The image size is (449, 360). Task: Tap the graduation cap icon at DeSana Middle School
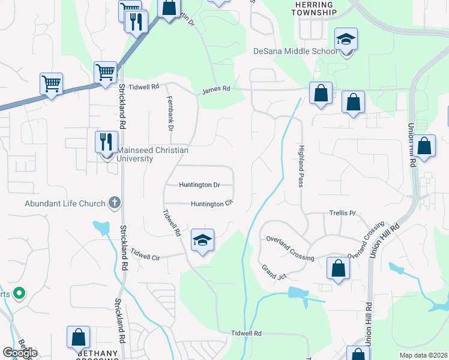pyautogui.click(x=346, y=40)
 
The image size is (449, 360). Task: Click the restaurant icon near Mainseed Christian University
pyautogui.click(x=106, y=143)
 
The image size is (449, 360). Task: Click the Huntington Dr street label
pyautogui.click(x=199, y=185)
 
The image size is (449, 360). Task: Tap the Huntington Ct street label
pyautogui.click(x=211, y=204)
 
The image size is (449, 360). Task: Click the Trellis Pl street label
pyautogui.click(x=342, y=213)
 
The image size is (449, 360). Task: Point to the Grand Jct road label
pyautogui.click(x=274, y=272)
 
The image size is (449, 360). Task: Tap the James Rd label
pyautogui.click(x=216, y=89)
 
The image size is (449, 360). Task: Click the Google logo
pyautogui.click(x=20, y=353)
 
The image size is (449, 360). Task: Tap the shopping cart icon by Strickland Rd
pyautogui.click(x=105, y=73)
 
